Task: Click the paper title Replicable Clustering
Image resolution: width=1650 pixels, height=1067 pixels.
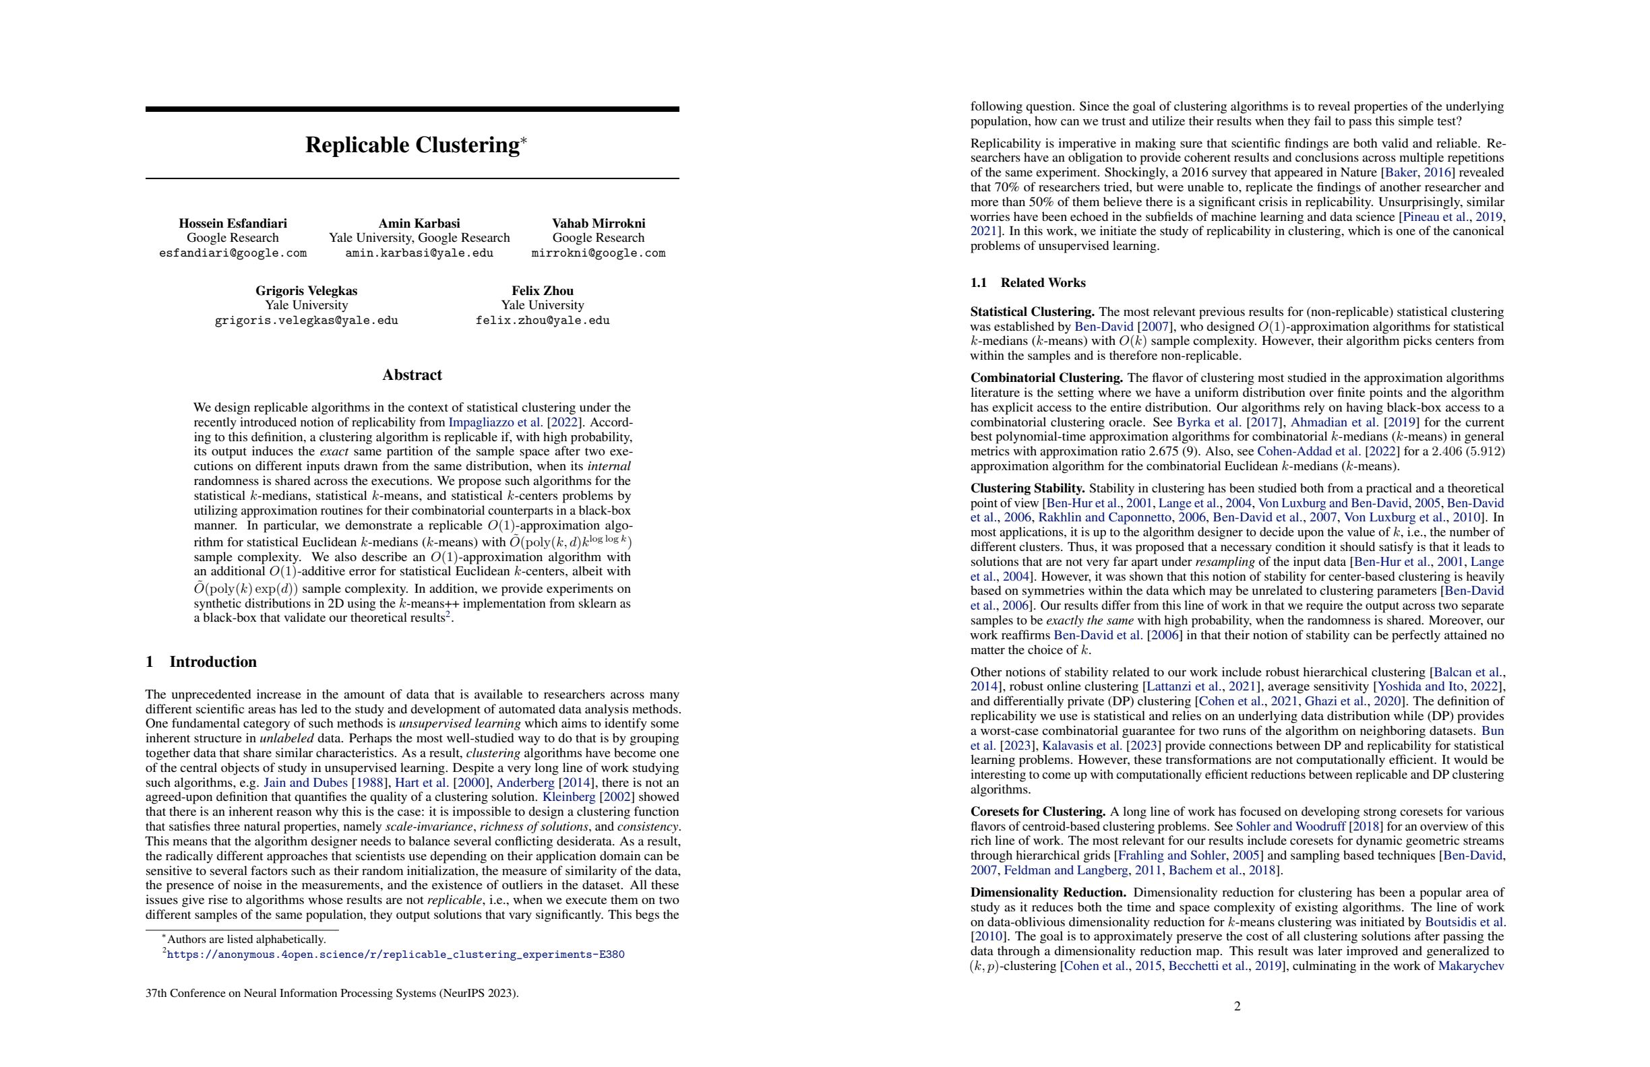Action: (x=412, y=145)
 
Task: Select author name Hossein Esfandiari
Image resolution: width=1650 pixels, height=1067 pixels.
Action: (x=233, y=223)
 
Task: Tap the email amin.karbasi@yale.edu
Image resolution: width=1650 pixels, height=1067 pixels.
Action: (x=419, y=253)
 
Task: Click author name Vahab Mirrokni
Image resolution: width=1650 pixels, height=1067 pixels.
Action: (x=599, y=223)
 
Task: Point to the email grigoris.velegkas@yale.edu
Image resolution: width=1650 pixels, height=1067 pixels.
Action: (x=306, y=320)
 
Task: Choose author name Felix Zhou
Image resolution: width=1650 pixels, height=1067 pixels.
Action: (x=542, y=290)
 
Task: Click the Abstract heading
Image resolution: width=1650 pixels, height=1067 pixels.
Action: (x=412, y=375)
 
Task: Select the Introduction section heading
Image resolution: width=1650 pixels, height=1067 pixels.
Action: (x=212, y=661)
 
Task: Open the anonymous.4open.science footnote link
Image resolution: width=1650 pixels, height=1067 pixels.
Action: (x=395, y=955)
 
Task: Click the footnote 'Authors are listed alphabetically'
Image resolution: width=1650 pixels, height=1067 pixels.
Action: (x=246, y=940)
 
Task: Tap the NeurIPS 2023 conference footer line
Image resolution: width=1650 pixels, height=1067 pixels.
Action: (x=332, y=993)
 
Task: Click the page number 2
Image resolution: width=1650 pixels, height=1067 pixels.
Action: (x=1237, y=1006)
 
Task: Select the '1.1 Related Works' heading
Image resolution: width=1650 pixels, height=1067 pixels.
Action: (x=1027, y=283)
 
